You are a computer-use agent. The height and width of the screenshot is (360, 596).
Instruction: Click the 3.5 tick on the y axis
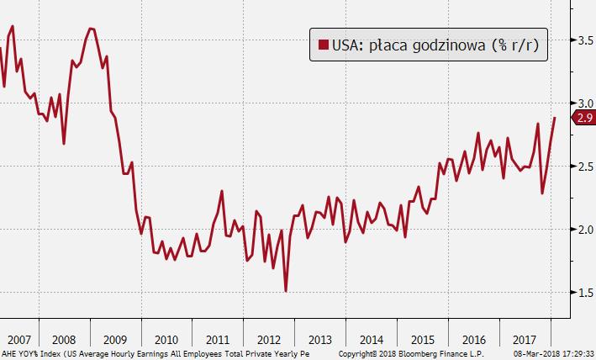(x=581, y=40)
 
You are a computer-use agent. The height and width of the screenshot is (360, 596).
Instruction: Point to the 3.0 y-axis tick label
(x=581, y=103)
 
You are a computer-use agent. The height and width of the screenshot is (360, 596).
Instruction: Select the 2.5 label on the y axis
(x=581, y=166)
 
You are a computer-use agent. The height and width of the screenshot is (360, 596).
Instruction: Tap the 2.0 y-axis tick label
(x=581, y=229)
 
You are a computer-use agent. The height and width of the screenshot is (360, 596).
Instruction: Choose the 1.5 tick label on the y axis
(x=581, y=292)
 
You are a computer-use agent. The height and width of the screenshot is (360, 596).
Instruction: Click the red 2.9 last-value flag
(x=583, y=118)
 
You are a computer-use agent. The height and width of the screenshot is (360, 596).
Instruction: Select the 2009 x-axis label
(x=117, y=340)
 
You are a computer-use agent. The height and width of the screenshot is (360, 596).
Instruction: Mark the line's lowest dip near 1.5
(x=287, y=291)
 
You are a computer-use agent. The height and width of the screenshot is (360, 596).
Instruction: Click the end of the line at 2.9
(x=555, y=118)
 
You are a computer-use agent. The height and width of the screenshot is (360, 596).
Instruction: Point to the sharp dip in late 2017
(x=542, y=193)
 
